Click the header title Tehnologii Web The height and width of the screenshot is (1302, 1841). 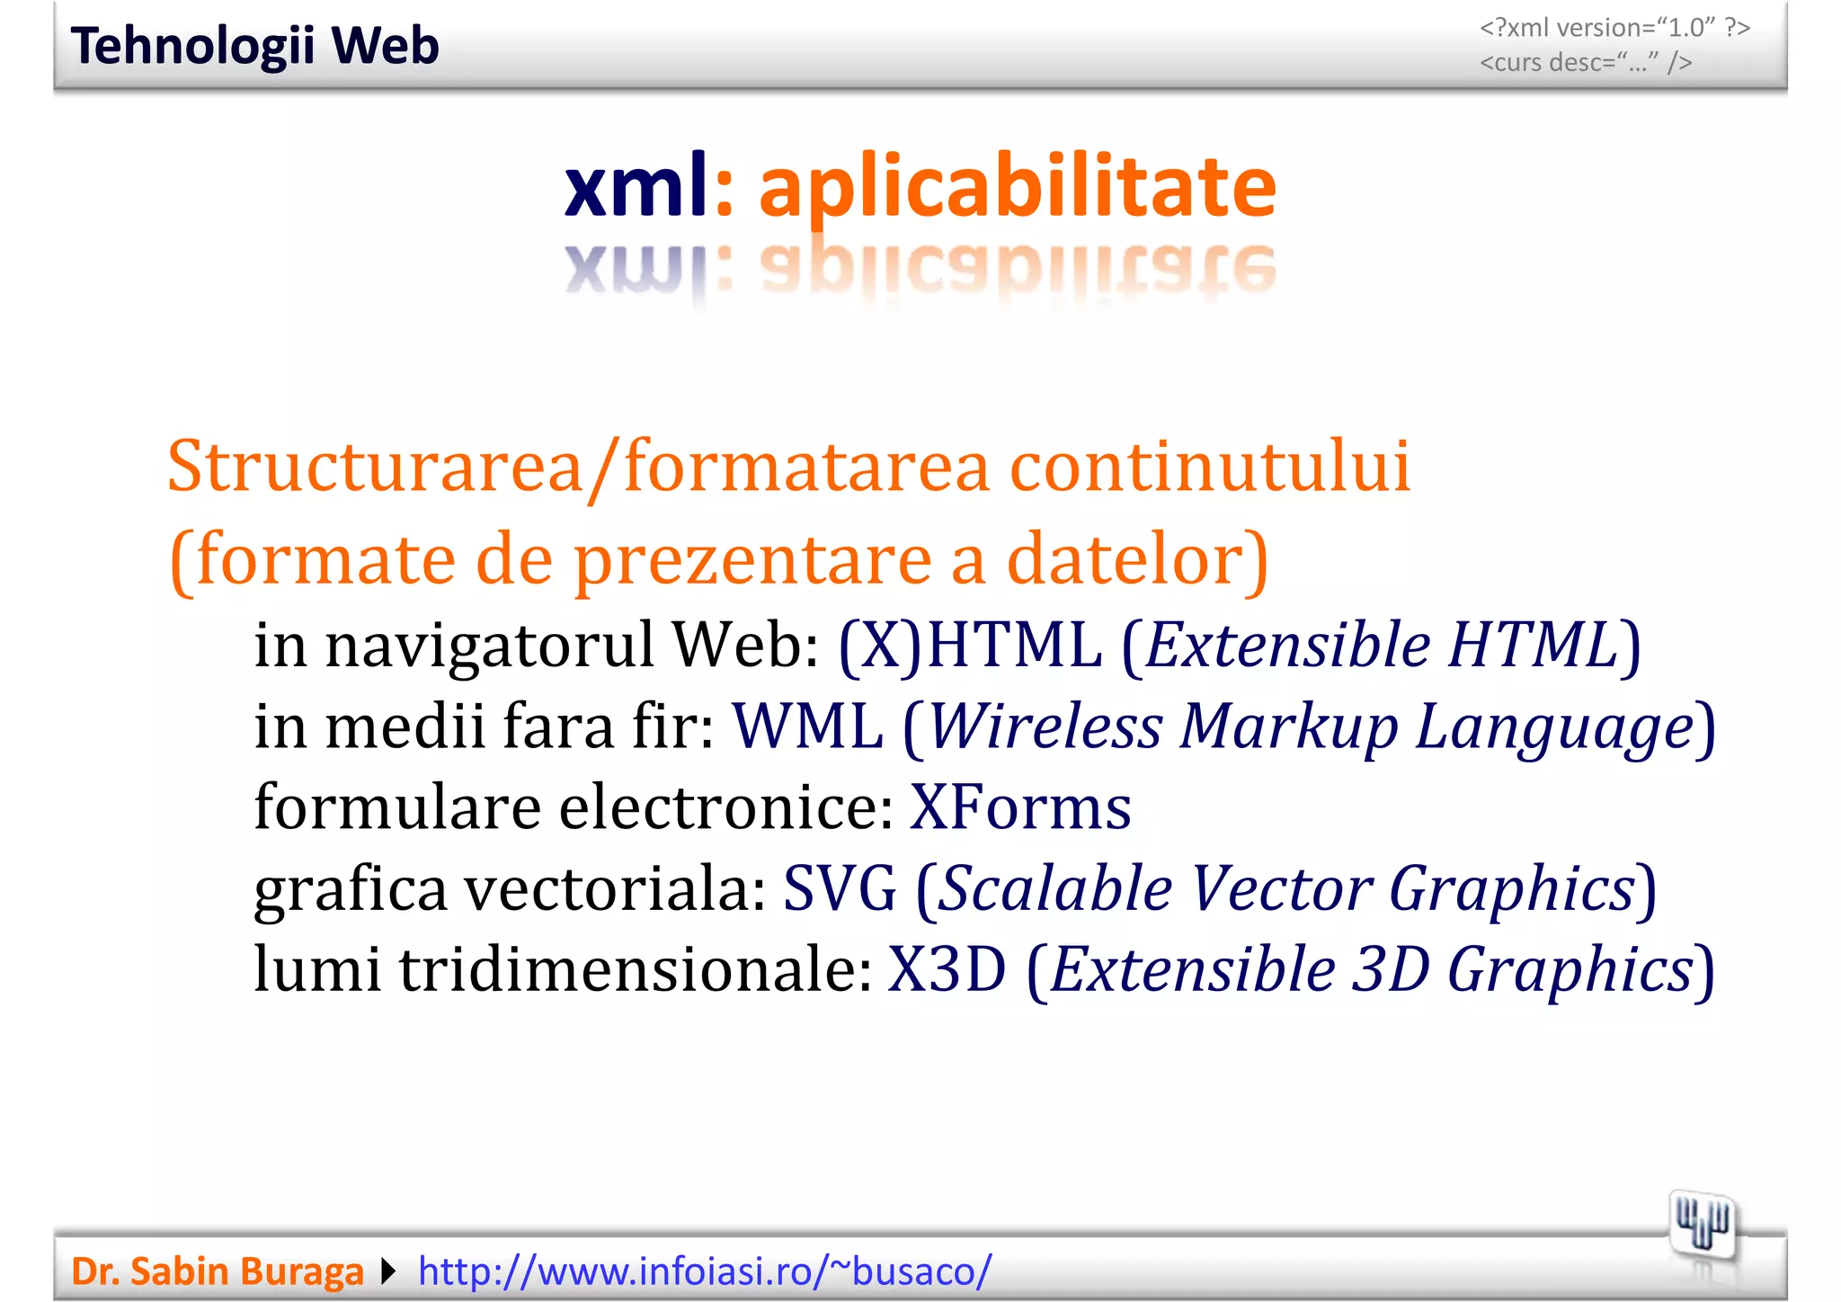pos(255,46)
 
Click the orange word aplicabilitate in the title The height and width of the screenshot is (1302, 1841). pos(1017,186)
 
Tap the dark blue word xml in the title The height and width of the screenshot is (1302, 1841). pos(636,186)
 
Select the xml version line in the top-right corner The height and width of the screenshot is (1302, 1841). pos(1614,28)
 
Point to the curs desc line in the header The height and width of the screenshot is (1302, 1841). pos(1586,63)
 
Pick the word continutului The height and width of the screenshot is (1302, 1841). pos(1210,467)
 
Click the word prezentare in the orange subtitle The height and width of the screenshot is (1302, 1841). pos(752,559)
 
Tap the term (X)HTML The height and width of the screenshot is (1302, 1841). pos(970,645)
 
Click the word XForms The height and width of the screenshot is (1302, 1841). pos(1020,807)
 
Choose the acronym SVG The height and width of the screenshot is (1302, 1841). pos(840,888)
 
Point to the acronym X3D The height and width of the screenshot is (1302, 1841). pos(947,969)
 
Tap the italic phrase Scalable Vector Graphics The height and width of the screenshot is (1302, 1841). pos(1286,888)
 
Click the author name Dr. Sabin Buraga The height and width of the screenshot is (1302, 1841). pos(218,1271)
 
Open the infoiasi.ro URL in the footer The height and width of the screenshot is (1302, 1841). pos(705,1271)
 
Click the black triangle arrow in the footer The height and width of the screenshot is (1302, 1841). pos(389,1271)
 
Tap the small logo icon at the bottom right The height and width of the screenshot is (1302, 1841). pos(1702,1225)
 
